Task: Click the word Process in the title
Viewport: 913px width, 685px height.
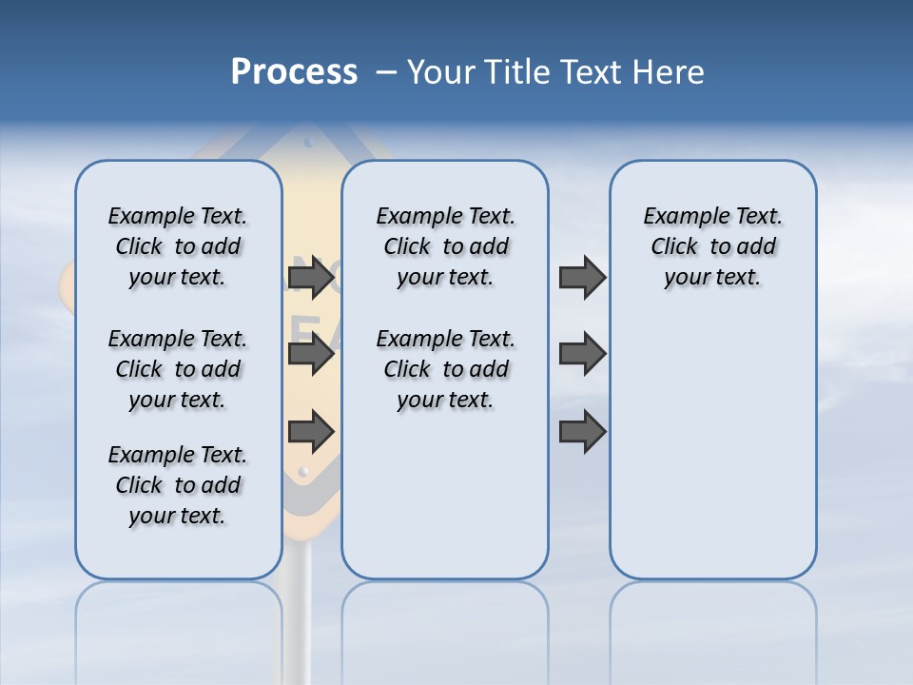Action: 294,72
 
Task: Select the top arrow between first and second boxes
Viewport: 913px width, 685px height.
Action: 311,278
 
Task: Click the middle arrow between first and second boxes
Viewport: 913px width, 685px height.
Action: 311,355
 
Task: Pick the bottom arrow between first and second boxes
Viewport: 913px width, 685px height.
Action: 311,432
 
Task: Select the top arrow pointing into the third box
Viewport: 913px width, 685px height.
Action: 582,278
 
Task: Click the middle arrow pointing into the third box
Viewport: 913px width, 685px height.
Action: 582,354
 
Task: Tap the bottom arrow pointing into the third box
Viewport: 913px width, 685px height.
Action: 582,432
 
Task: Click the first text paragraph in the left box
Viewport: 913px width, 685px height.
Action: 178,246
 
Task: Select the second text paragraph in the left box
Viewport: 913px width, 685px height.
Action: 178,369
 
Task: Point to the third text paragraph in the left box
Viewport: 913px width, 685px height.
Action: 178,485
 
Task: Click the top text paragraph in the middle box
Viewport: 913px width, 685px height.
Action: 445,246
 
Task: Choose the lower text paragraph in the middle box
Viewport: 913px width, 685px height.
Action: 445,369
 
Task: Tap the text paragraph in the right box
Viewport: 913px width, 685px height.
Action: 712,246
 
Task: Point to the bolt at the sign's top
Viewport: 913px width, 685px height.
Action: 306,143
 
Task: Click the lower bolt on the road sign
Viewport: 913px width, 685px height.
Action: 303,471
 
